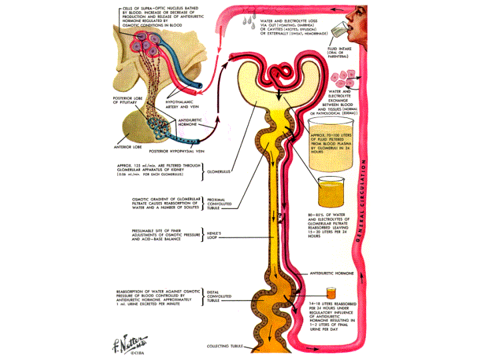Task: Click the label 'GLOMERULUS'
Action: pos(220,170)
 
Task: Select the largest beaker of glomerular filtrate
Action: pos(336,140)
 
